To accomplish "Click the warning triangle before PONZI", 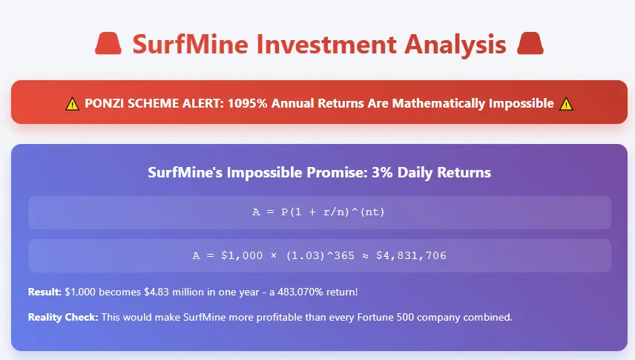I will click(72, 104).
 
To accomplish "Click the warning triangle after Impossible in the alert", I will click(566, 104).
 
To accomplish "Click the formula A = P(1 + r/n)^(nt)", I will click(319, 212).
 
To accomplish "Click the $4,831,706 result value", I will click(411, 256).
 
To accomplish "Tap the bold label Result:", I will click(45, 292).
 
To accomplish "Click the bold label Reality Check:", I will click(63, 318).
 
